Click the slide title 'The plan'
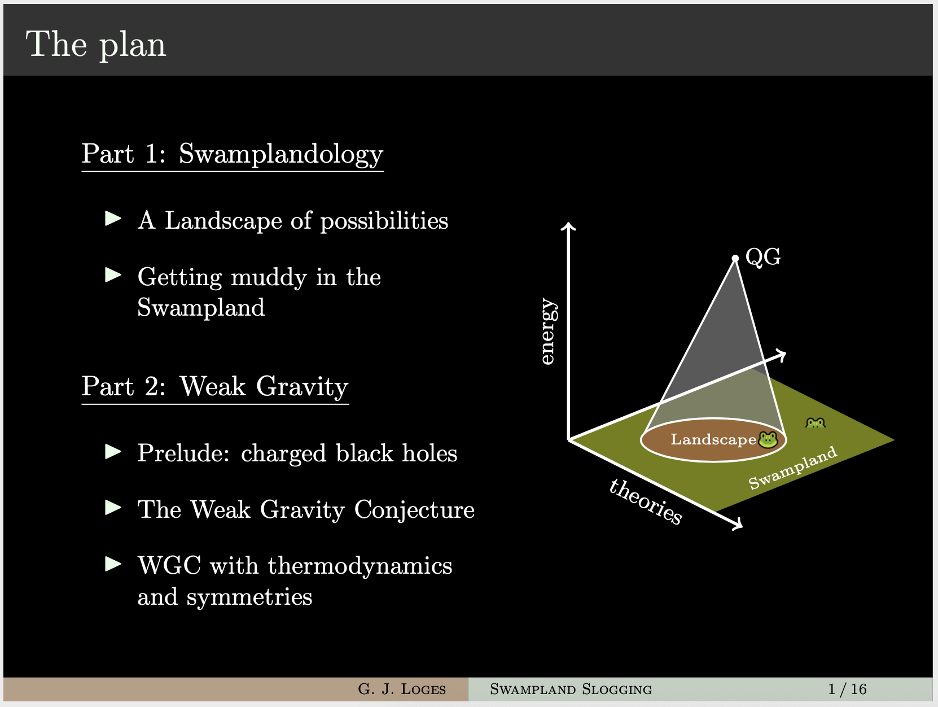(96, 45)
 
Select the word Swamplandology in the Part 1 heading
(280, 154)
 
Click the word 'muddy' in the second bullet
(269, 277)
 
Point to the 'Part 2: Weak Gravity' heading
(215, 387)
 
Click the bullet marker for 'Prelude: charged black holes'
(113, 451)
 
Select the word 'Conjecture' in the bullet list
(414, 510)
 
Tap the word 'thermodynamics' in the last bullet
(360, 566)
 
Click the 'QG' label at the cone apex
(763, 258)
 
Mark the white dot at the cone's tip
(735, 258)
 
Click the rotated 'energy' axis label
(548, 331)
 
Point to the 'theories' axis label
(645, 501)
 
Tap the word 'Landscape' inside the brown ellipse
(713, 439)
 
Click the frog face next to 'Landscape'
(768, 439)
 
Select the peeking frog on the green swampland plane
(816, 423)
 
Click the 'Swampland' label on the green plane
(793, 468)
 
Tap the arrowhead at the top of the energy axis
(568, 226)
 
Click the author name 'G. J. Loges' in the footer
(402, 689)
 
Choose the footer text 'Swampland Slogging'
(571, 689)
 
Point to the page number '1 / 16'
(847, 689)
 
